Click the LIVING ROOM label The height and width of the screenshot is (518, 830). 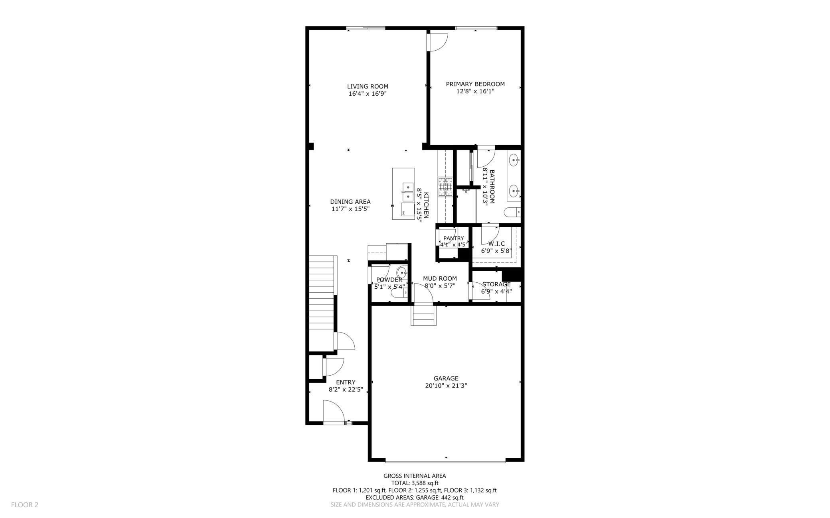368,87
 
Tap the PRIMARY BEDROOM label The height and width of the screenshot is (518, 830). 475,84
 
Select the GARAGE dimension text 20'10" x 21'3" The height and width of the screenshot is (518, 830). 446,386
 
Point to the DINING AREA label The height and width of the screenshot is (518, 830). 350,202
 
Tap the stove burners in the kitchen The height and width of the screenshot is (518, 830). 445,187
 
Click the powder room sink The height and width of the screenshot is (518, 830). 402,273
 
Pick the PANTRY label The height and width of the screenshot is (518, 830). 454,238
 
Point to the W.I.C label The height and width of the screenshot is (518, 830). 496,244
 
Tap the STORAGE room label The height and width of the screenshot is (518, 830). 496,284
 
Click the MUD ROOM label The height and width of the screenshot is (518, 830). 440,279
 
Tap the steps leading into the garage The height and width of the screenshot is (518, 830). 423,315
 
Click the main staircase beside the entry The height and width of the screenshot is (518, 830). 322,303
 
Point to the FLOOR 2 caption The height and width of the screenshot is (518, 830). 25,505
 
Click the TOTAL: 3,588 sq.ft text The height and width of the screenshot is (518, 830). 415,483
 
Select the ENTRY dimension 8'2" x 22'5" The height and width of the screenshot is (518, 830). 346,390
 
